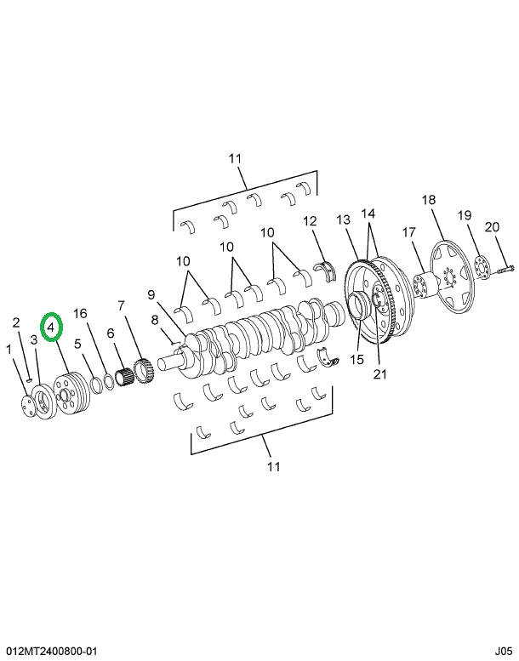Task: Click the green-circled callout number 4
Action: pyautogui.click(x=52, y=325)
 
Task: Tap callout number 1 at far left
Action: pyautogui.click(x=9, y=349)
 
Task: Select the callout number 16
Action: pyautogui.click(x=80, y=313)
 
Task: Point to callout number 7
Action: pyautogui.click(x=122, y=305)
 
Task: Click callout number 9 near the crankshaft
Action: pyautogui.click(x=151, y=295)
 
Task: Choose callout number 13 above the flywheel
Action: pyautogui.click(x=343, y=219)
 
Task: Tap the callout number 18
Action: pyautogui.click(x=429, y=200)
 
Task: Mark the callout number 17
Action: pyautogui.click(x=408, y=231)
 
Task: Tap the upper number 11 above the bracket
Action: pyautogui.click(x=236, y=158)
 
